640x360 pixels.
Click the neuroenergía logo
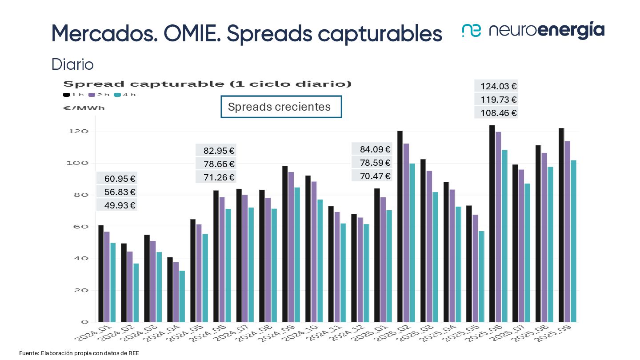click(533, 30)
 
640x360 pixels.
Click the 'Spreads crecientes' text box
click(281, 107)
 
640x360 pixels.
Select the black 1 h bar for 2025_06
click(492, 224)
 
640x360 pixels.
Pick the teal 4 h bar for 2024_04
click(182, 296)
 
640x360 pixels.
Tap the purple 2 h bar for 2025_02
click(406, 232)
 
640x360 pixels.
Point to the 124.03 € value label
click(496, 86)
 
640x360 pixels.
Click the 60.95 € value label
click(117, 179)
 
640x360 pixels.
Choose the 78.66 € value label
click(216, 164)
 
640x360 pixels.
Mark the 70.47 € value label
click(372, 176)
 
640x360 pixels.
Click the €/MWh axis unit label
click(84, 108)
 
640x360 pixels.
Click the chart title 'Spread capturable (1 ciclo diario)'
click(208, 84)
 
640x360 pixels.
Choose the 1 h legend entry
click(74, 95)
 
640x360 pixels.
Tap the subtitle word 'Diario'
click(72, 64)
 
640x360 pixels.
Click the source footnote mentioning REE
click(76, 353)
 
